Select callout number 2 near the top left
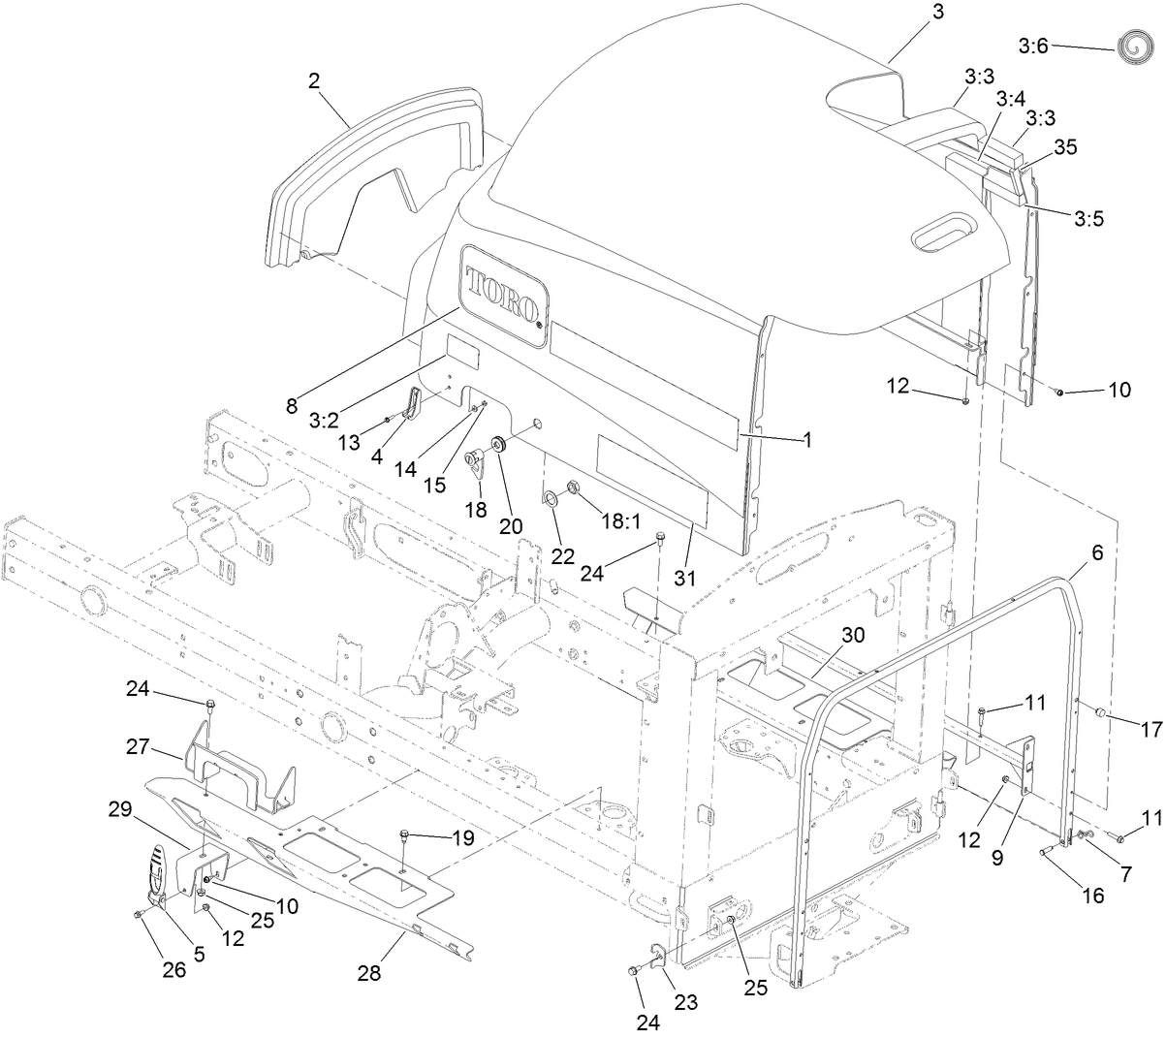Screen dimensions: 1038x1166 click(314, 81)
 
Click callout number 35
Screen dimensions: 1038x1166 click(1065, 147)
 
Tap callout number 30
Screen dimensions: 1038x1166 click(852, 636)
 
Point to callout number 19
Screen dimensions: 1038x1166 click(462, 838)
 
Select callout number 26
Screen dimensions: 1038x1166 click(173, 968)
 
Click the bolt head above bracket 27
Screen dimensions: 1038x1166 click(209, 703)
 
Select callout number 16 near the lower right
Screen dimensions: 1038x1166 click(1092, 896)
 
